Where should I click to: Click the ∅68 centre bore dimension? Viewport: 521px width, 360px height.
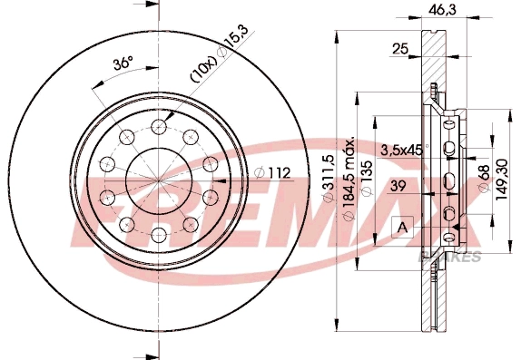[486, 170]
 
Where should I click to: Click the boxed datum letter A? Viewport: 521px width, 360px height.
[400, 226]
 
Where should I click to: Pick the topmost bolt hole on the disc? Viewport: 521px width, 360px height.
[159, 126]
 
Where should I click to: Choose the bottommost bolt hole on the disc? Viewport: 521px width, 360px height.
[159, 234]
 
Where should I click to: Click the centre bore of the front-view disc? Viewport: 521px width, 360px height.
[159, 180]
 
